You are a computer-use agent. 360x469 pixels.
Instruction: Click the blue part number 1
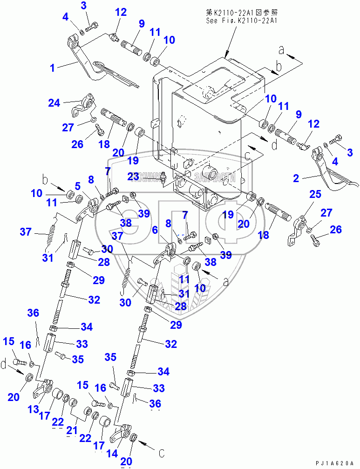(x=53, y=68)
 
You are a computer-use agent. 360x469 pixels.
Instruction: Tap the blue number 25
(x=315, y=194)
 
